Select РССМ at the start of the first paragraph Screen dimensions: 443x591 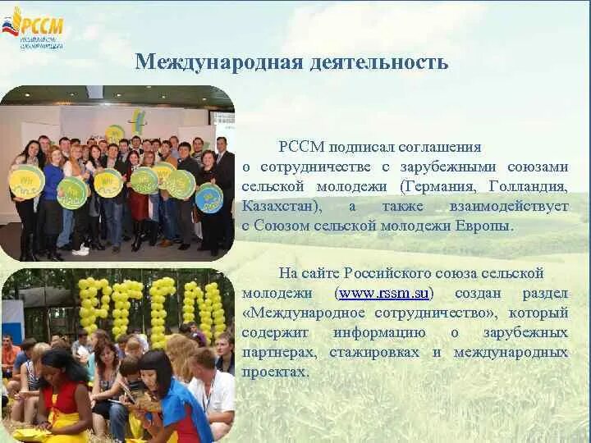[300, 147]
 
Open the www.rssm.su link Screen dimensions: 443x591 [385, 293]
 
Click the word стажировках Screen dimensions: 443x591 [378, 352]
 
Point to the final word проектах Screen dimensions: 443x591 [276, 372]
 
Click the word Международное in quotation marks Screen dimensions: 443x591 [305, 313]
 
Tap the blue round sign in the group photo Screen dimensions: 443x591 [209, 197]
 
